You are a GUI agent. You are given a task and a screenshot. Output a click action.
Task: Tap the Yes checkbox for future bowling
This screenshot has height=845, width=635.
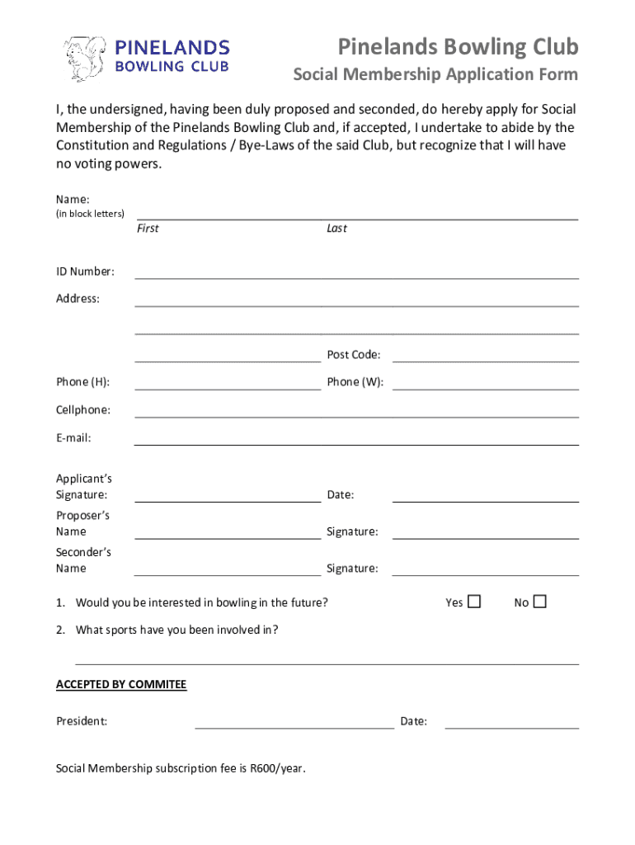[x=474, y=602]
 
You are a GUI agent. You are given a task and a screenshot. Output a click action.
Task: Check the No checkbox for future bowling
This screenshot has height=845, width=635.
[x=539, y=602]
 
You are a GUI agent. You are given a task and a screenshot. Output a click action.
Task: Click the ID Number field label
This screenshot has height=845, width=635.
[x=85, y=271]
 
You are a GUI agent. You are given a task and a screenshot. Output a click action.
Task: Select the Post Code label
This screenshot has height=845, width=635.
[x=354, y=355]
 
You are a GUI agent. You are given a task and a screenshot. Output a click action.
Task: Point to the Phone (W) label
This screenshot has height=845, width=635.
[x=355, y=382]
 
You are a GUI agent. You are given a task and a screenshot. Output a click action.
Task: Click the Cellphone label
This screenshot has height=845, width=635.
[x=83, y=410]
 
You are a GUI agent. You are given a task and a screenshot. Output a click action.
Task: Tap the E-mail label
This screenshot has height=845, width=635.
[x=73, y=438]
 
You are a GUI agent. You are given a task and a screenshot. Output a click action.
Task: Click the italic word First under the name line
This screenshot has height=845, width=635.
[x=148, y=229]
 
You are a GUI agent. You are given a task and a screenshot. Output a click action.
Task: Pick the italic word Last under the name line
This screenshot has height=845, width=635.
[x=336, y=229]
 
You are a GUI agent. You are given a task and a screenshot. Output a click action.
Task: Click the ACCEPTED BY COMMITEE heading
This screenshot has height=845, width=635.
[x=121, y=684]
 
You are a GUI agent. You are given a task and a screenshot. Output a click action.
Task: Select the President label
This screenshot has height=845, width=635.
[x=82, y=721]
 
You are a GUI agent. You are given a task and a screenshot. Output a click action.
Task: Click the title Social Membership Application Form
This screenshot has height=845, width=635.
[x=436, y=75]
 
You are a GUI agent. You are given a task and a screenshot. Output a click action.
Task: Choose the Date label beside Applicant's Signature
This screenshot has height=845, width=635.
[x=341, y=495]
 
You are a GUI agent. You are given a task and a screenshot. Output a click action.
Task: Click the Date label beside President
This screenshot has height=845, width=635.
[x=414, y=721]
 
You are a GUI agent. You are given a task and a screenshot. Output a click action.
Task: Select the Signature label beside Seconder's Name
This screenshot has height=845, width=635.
[x=352, y=569]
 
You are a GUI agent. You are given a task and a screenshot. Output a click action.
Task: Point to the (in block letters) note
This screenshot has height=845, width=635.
[x=90, y=214]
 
